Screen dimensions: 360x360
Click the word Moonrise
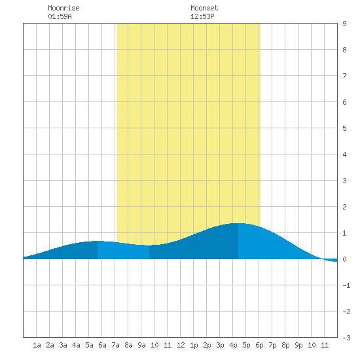(x=63, y=8)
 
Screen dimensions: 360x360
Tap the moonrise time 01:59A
(x=60, y=16)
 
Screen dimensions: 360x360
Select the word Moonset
(x=204, y=8)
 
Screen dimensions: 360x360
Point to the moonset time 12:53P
(x=202, y=16)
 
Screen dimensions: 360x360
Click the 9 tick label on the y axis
(x=344, y=24)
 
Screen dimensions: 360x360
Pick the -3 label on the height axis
(x=346, y=338)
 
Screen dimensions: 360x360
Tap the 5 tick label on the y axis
(x=344, y=128)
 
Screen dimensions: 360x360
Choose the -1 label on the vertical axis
(x=346, y=285)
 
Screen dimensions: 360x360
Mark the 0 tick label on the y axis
(x=344, y=259)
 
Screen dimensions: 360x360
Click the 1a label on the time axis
(x=37, y=345)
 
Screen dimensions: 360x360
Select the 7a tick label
(x=115, y=345)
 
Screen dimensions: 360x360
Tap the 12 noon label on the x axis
(x=181, y=345)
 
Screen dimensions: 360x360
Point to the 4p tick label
(x=233, y=345)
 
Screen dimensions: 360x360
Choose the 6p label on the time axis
(x=259, y=345)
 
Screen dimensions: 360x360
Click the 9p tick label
(x=298, y=345)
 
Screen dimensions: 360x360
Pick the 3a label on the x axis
(x=63, y=345)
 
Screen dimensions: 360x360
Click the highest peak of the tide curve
(x=238, y=223)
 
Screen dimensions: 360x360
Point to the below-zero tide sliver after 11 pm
(x=331, y=261)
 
